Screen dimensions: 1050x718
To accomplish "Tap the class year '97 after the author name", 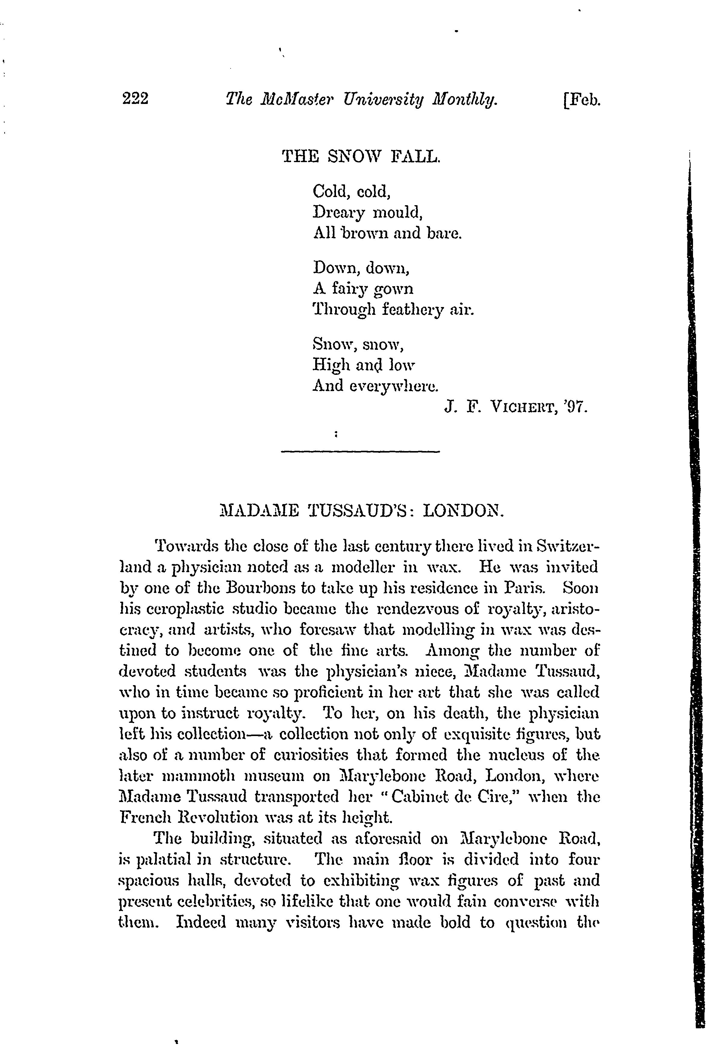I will coord(577,408).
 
